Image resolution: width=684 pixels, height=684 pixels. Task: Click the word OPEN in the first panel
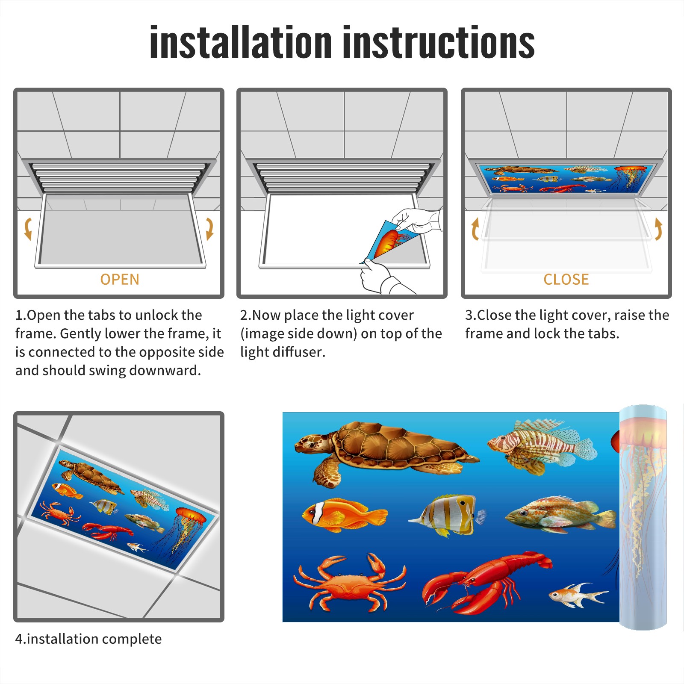click(x=120, y=280)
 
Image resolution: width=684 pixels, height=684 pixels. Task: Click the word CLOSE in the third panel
click(x=566, y=280)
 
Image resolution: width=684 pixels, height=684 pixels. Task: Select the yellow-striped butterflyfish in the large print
click(x=447, y=515)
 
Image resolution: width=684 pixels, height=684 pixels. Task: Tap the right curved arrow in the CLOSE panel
click(x=658, y=229)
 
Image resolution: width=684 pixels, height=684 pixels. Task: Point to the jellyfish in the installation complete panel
click(x=186, y=532)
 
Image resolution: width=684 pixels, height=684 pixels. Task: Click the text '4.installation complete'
click(x=88, y=639)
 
